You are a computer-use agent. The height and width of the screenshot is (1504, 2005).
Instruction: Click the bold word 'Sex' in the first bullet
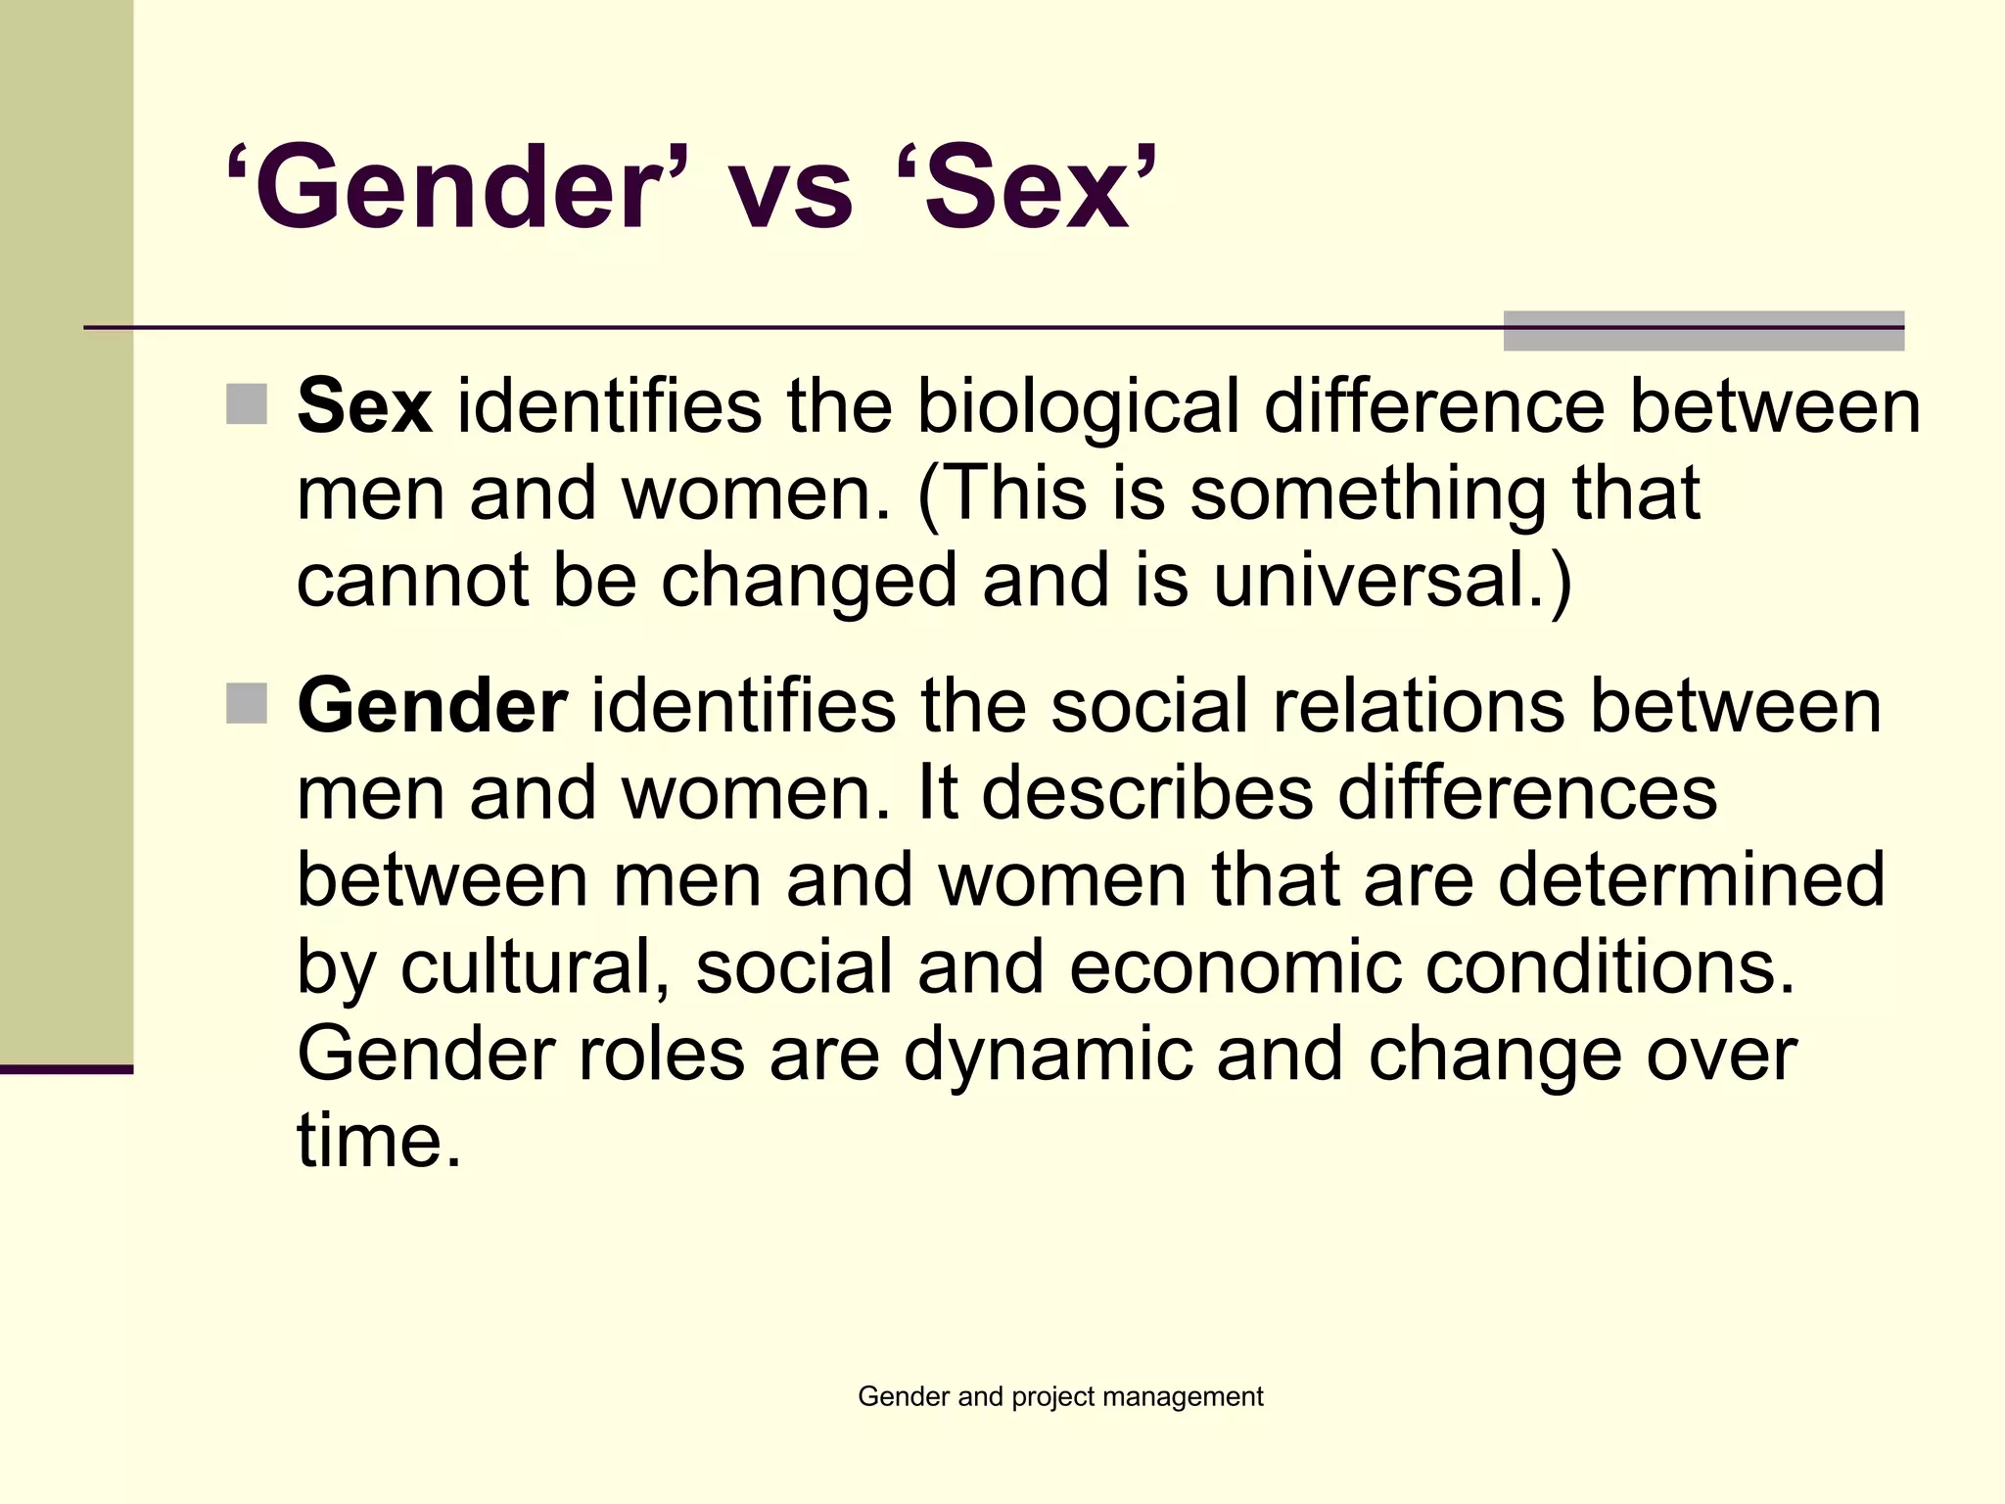tap(364, 405)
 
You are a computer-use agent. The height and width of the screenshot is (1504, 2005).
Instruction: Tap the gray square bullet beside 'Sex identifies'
tap(247, 404)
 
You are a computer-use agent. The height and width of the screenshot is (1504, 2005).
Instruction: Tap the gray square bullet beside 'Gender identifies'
tap(247, 703)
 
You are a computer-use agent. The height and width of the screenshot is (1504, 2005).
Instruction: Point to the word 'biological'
tap(1078, 405)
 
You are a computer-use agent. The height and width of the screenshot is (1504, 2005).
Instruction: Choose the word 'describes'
tap(1146, 792)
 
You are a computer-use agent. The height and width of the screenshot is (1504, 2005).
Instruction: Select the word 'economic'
tap(1235, 966)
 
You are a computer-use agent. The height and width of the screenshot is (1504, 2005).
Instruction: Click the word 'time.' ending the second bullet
tap(378, 1141)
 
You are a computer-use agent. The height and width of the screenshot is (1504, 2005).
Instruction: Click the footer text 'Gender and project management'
tap(1060, 1396)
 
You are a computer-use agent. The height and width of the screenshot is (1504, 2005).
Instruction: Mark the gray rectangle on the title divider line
tap(1703, 331)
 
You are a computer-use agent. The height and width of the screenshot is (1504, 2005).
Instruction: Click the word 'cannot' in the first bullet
tap(412, 580)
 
